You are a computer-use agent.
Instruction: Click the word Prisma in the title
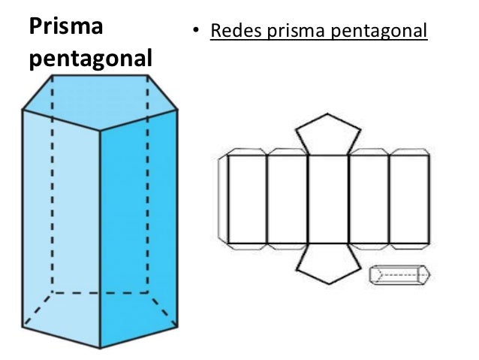pos(65,26)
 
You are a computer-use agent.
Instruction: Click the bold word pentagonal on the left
pos(89,59)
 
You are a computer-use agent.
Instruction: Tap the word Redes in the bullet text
pos(233,32)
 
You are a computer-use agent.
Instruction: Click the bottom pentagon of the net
pos(327,263)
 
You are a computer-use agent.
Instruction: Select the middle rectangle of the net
pos(328,200)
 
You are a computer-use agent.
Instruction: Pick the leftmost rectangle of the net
pos(247,200)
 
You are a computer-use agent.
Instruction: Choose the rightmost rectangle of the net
pos(409,200)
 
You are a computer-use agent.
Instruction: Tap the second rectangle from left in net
pos(288,200)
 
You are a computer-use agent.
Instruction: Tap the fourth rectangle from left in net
pos(369,200)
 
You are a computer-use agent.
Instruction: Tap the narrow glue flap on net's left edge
pos(222,200)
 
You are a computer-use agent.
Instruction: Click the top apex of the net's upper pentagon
pos(327,114)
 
